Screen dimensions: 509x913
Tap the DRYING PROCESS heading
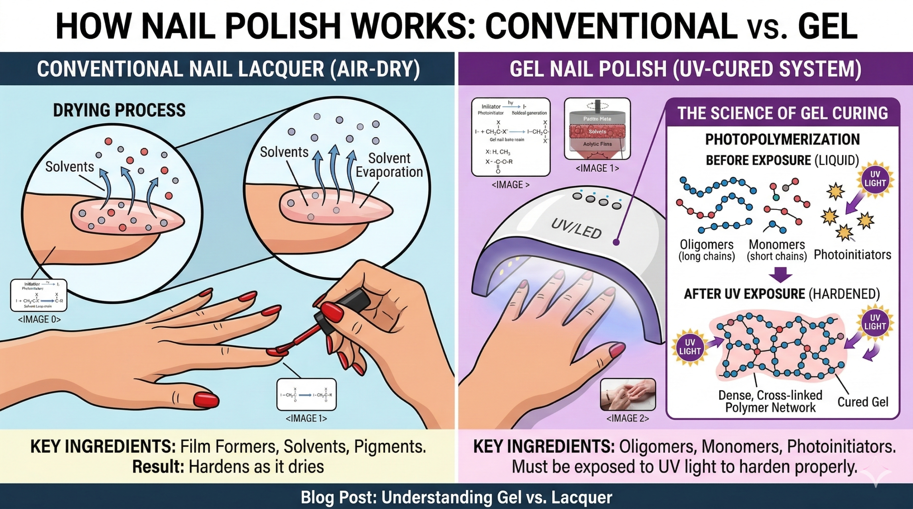coord(119,110)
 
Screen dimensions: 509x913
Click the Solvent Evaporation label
coord(389,165)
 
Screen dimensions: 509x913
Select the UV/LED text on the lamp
coord(576,228)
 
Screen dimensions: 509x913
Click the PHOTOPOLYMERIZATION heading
coord(782,139)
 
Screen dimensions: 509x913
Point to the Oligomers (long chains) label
coord(707,250)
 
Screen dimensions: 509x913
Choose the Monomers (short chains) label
coord(777,250)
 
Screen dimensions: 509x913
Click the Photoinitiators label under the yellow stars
coord(852,255)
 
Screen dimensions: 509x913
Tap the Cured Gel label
coord(863,402)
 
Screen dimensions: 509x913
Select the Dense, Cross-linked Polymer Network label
coord(770,401)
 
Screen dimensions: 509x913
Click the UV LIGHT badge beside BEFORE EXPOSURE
coord(875,179)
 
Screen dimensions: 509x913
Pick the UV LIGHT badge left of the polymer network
coord(690,347)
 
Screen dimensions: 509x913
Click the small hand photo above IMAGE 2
coord(628,395)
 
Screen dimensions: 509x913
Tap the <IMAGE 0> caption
coord(39,319)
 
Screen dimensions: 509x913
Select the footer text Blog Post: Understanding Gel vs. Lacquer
coord(456,497)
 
